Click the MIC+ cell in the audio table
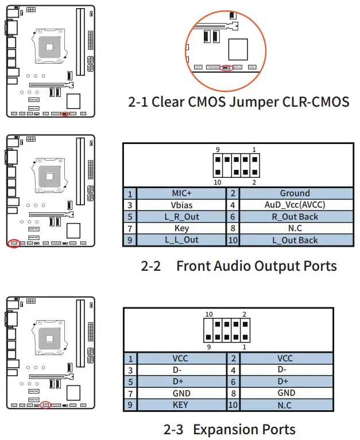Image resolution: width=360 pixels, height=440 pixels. pos(181,194)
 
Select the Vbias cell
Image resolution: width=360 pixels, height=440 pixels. pos(181,205)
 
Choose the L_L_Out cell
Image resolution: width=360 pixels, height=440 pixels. pos(181,240)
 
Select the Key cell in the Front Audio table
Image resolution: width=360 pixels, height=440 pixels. pos(181,228)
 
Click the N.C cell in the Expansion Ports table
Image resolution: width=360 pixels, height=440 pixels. pos(285,405)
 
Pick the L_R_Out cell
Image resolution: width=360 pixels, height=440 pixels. pos(181,217)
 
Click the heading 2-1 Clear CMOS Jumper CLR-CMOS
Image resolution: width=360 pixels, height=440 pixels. pos(238,102)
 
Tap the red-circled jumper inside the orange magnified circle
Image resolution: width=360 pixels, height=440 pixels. pos(226,67)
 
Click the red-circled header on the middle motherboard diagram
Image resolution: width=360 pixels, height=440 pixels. pos(14,243)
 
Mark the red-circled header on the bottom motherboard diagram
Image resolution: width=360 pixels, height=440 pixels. pos(46,405)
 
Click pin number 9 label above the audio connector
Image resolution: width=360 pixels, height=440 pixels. pos(218,150)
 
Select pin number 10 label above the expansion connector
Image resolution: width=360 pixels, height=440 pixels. pos(210,314)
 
